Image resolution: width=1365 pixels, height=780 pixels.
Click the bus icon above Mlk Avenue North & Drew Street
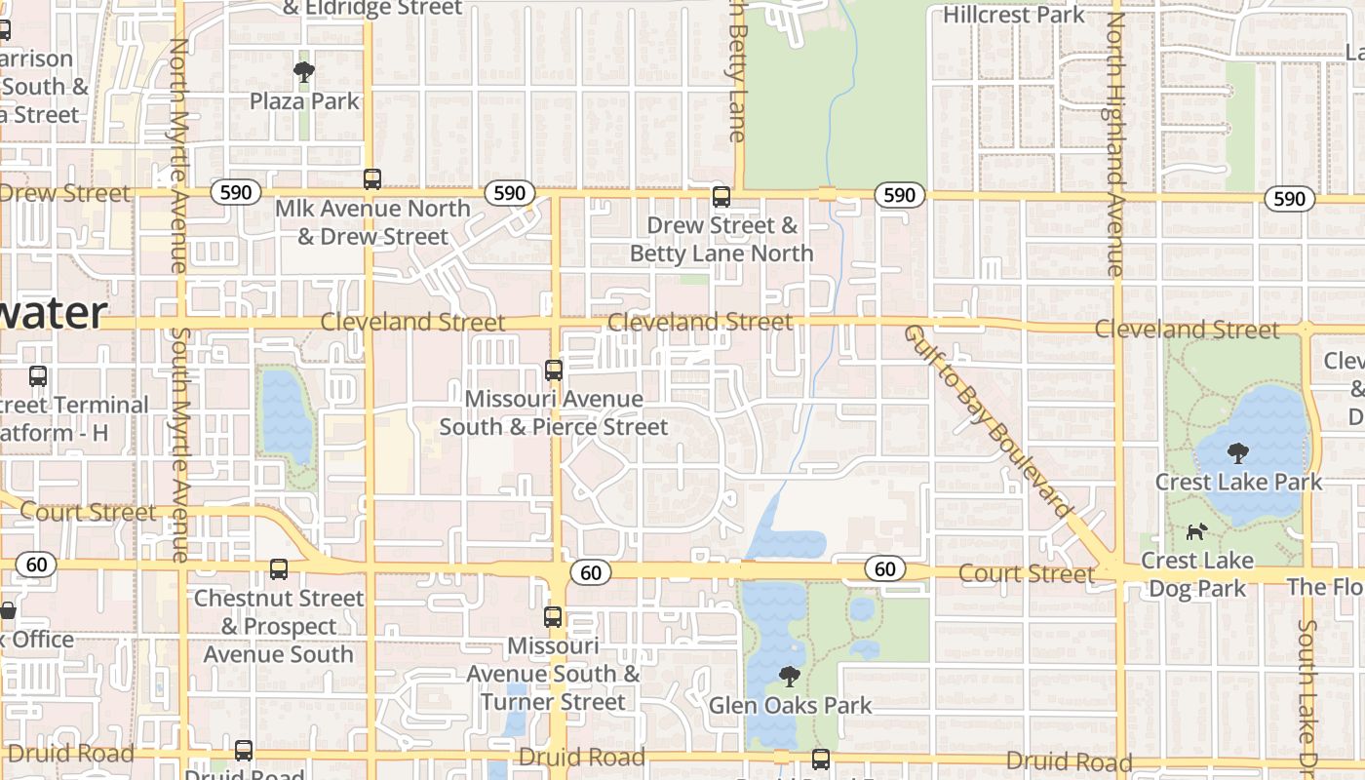click(371, 178)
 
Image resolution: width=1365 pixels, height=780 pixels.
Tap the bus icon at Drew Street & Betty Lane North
click(721, 196)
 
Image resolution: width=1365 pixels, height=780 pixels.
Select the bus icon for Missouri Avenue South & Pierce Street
click(553, 370)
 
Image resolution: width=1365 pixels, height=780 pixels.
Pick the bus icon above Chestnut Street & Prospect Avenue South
click(278, 568)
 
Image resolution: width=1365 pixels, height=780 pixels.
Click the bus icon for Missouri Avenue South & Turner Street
click(553, 616)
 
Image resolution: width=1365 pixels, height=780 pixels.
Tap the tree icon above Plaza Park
click(304, 71)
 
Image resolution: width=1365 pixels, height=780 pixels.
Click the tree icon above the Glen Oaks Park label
click(790, 676)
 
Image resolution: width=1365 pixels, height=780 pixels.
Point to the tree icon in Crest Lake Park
click(1237, 452)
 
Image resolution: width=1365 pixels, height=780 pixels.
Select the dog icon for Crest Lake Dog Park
click(1196, 531)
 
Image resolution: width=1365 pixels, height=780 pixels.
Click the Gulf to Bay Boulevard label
click(988, 419)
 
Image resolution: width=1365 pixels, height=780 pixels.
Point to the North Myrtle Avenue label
click(178, 156)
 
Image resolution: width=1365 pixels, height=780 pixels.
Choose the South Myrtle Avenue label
click(179, 444)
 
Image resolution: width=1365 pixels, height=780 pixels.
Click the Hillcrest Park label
click(1013, 15)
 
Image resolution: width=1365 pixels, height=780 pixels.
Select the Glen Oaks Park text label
click(790, 705)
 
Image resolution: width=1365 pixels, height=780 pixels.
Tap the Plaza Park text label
click(304, 101)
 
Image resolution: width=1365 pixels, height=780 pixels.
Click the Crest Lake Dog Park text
click(1197, 574)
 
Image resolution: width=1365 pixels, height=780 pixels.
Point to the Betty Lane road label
click(737, 73)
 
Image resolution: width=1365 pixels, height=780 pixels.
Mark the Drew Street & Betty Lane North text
click(721, 239)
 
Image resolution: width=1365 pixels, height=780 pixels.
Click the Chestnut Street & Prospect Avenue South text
click(279, 626)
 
